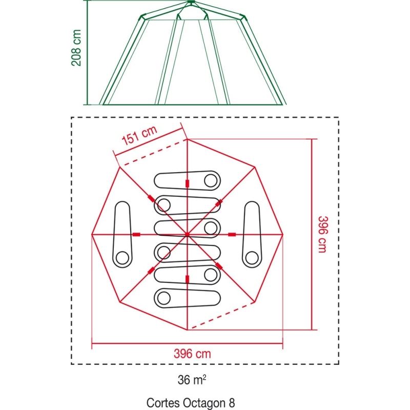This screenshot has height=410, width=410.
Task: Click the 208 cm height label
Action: [76, 48]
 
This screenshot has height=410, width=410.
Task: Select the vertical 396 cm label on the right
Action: [322, 234]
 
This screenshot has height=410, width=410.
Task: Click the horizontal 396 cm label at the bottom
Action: [192, 354]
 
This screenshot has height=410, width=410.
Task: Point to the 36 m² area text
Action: [192, 380]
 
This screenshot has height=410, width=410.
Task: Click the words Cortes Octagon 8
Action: [191, 403]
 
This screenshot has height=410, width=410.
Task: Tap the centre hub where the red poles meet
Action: [187, 235]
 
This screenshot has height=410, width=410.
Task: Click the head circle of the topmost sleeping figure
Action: [211, 181]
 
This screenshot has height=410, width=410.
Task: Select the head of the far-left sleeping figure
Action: [122, 258]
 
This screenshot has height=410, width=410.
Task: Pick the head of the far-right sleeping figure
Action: [252, 258]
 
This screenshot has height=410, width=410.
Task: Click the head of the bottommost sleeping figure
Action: [163, 298]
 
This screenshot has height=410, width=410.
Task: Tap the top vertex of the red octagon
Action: [187, 139]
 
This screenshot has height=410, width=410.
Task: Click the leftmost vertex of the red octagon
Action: [92, 235]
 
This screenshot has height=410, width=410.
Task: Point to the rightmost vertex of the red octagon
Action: [283, 235]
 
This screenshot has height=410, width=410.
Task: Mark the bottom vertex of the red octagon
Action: [187, 330]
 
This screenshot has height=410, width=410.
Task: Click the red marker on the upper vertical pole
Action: [187, 183]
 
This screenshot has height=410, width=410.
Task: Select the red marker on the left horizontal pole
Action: [136, 235]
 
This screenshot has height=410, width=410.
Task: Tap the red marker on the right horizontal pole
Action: [232, 235]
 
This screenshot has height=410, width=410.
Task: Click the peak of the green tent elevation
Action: [191, 2]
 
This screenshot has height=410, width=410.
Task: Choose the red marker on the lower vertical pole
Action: [187, 279]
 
